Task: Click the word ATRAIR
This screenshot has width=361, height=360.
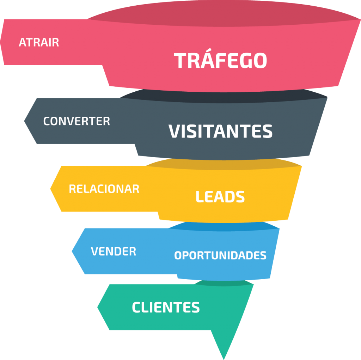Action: tap(39, 42)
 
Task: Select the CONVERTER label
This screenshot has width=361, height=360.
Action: tap(77, 121)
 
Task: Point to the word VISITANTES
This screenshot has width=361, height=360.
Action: tap(221, 131)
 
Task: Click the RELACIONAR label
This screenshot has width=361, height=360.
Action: tap(104, 189)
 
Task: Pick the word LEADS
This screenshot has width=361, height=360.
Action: tap(220, 197)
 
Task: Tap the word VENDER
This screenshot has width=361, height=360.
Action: tap(114, 251)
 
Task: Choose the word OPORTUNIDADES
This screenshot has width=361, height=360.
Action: tap(220, 255)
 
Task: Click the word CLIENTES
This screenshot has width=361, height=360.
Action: tap(166, 307)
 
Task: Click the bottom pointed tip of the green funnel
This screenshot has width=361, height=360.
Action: tap(224, 359)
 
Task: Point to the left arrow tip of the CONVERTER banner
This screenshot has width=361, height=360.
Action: tap(24, 121)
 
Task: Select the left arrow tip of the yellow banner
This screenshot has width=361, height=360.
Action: tap(50, 189)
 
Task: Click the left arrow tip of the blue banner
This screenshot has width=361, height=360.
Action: tap(72, 251)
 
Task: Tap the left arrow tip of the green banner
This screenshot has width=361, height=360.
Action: tap(97, 307)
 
